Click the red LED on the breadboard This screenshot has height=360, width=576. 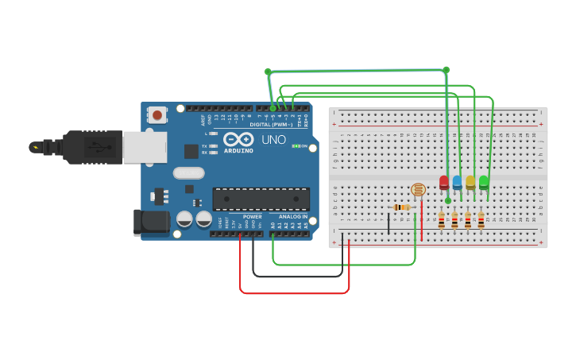(443, 183)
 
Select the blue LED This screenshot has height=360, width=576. (457, 183)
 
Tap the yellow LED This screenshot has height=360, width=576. (470, 183)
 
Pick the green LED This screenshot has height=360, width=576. (484, 183)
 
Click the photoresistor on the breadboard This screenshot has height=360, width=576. (418, 189)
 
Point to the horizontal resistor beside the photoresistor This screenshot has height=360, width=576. (402, 207)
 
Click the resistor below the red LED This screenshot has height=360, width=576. (441, 220)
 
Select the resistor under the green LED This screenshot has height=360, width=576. (481, 220)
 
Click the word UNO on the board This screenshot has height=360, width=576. (273, 140)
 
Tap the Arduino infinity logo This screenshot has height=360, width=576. (238, 139)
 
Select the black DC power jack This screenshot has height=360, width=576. (152, 223)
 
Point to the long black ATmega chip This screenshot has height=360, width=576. (261, 199)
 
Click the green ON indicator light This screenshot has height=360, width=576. (295, 146)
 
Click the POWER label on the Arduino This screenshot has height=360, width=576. (252, 217)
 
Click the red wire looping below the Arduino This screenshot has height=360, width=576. (294, 293)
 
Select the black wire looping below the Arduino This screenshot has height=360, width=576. (298, 277)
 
